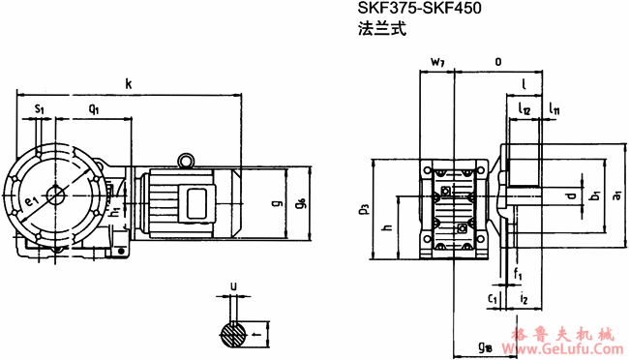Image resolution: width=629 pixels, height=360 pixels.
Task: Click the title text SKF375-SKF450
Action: pos(419,11)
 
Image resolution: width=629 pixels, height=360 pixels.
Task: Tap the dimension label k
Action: pos(129,84)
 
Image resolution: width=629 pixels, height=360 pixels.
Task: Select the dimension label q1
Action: pos(93,110)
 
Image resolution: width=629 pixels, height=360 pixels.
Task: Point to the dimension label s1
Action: pos(39,110)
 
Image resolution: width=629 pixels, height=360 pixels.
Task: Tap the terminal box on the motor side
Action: pos(201,203)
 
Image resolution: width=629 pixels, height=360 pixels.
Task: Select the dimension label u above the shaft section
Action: pos(231,286)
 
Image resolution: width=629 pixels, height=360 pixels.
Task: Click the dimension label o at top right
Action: pos(497,62)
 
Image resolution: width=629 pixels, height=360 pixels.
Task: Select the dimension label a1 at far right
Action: pos(616,197)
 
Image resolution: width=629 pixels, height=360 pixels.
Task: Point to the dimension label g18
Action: pos(484,345)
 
